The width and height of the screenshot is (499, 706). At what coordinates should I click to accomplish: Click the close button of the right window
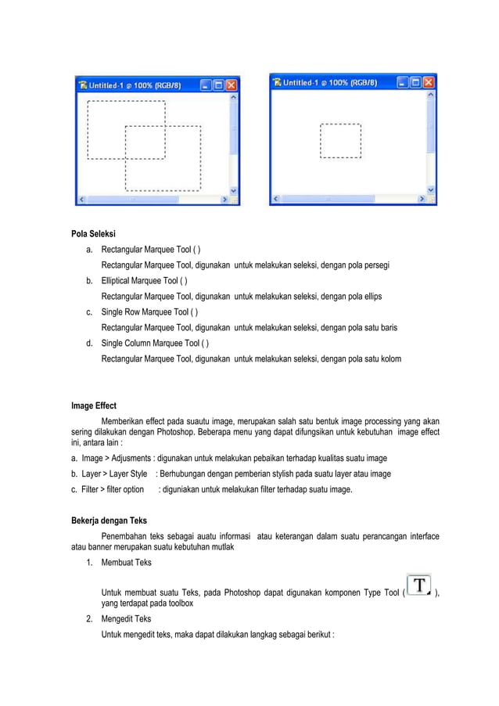click(429, 82)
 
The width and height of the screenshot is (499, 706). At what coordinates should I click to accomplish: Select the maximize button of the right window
click(417, 82)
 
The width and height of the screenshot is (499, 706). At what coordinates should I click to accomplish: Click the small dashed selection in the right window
click(341, 141)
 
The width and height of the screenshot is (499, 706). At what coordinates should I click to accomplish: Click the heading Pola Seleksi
click(93, 233)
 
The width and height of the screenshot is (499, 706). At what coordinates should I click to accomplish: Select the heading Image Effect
click(93, 406)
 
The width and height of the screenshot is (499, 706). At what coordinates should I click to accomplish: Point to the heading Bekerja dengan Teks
click(109, 520)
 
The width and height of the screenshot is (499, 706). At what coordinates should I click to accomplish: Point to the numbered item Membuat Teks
click(127, 562)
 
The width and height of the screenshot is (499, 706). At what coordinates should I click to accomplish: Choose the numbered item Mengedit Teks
click(127, 618)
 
